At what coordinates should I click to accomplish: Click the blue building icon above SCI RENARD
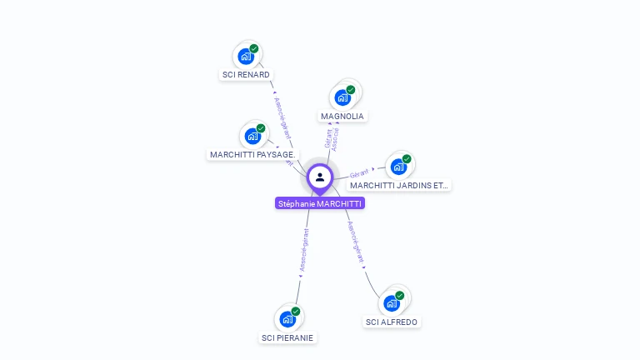point(245,57)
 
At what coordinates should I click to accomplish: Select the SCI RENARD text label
point(246,74)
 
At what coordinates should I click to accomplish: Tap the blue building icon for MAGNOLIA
point(342,97)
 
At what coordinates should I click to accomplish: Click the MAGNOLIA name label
point(342,116)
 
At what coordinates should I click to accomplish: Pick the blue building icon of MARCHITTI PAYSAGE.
point(252,137)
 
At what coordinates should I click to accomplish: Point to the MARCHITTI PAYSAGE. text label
point(252,154)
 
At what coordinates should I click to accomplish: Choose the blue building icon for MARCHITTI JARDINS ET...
point(398,167)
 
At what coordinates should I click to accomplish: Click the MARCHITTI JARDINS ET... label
point(399,185)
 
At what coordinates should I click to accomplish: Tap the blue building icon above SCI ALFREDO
point(392,303)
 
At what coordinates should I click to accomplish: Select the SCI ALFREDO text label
point(392,322)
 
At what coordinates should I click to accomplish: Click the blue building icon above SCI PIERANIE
point(287,319)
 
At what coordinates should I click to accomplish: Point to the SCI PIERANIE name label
point(287,337)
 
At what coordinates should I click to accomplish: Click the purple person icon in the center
point(320,177)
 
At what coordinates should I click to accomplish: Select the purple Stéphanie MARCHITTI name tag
point(320,202)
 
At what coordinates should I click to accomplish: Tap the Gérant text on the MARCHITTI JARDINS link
point(359,172)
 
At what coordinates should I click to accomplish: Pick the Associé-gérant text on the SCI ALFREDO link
point(356,242)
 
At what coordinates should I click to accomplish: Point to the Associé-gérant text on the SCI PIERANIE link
point(304,250)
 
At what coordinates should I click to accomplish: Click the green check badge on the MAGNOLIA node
point(351,89)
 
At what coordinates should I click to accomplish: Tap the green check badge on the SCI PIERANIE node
point(296,311)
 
